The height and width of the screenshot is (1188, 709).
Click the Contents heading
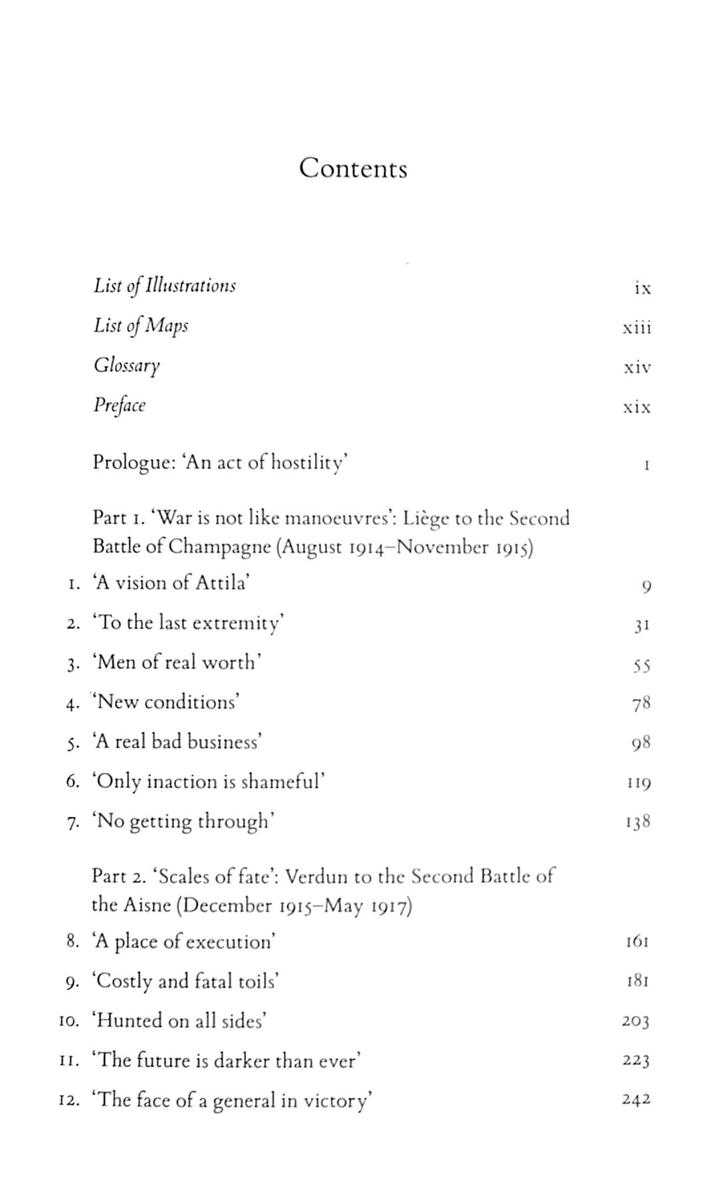tap(353, 168)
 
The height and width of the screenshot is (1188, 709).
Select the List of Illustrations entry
tap(164, 286)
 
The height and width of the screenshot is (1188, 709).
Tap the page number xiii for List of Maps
tap(637, 328)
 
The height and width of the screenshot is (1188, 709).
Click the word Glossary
tap(126, 366)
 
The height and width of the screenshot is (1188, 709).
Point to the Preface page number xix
tap(637, 407)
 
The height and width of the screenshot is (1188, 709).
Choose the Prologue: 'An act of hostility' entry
tap(220, 462)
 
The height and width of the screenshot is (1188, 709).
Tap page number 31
tap(641, 625)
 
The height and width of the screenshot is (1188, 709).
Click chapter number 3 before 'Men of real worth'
tap(73, 664)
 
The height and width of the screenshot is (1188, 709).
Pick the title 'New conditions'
tap(167, 702)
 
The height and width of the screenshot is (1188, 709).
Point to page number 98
tap(641, 743)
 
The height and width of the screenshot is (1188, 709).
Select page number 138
tap(637, 823)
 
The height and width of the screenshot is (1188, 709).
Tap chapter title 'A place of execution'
tap(183, 941)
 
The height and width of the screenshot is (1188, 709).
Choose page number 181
tap(637, 981)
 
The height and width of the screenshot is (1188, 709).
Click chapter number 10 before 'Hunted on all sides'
tap(69, 1021)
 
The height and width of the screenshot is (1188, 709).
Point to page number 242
tap(636, 1100)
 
